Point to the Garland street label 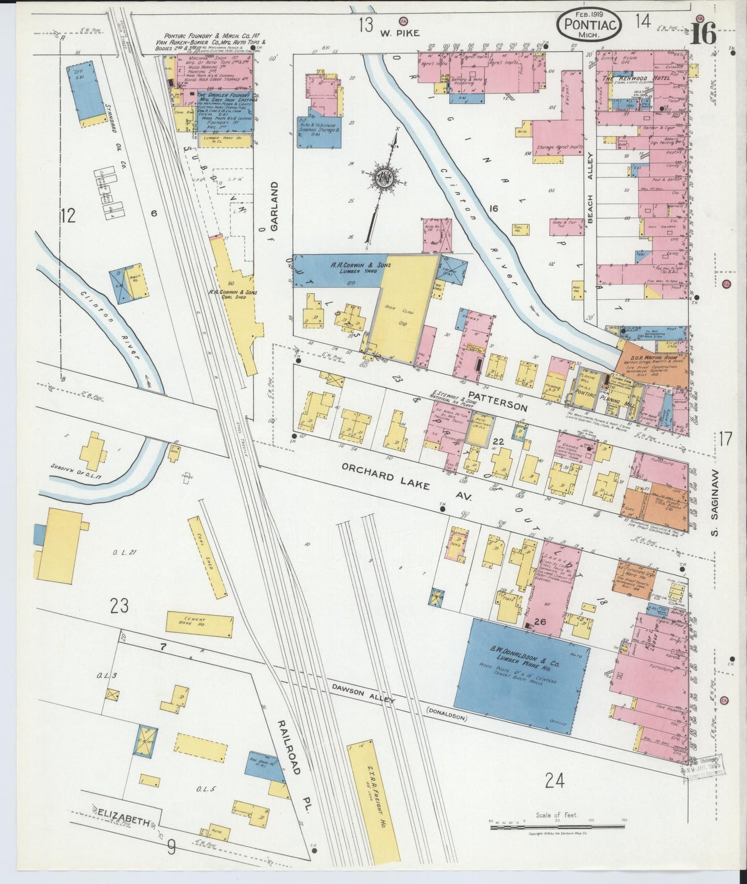tap(273, 205)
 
